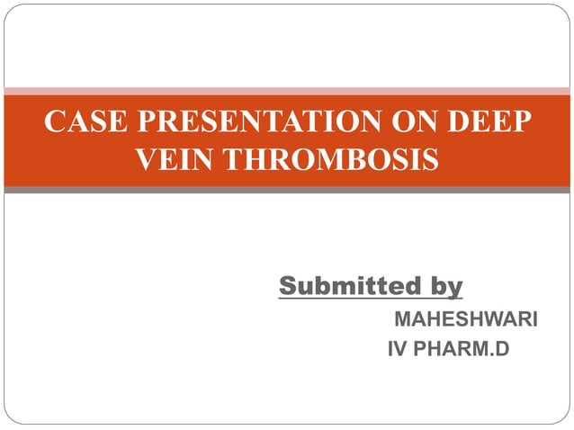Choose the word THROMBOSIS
tap(331, 160)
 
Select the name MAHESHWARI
tap(466, 320)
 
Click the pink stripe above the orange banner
tap(287, 91)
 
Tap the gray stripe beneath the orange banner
tap(287, 190)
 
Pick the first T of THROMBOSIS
tap(230, 160)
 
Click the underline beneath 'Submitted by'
tap(370, 299)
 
